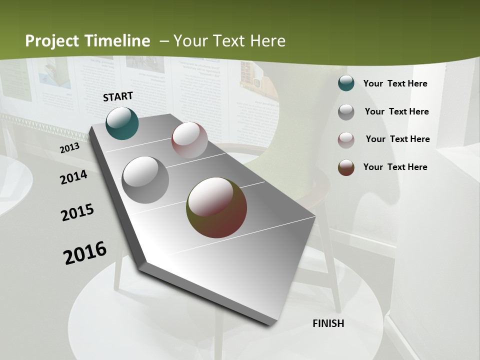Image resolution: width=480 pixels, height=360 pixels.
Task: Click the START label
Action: click(x=118, y=96)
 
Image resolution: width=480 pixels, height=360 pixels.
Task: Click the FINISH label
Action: click(x=328, y=323)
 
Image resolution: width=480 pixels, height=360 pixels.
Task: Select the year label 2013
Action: click(x=69, y=148)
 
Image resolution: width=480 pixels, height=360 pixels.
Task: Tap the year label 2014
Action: click(x=73, y=177)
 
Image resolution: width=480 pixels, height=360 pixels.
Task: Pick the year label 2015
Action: click(x=77, y=212)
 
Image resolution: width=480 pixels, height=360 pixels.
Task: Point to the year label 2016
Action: click(x=85, y=252)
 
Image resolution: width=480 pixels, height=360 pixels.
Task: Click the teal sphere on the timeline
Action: click(x=122, y=123)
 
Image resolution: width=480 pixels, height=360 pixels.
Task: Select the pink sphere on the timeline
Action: click(x=189, y=139)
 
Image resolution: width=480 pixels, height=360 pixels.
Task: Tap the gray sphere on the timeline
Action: click(x=145, y=179)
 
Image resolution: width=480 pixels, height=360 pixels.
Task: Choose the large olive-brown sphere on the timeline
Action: click(x=216, y=207)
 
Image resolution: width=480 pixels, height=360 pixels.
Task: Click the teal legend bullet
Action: click(x=346, y=83)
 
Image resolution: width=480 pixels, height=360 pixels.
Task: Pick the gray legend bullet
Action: click(x=346, y=112)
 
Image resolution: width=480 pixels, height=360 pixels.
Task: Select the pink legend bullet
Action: click(x=346, y=140)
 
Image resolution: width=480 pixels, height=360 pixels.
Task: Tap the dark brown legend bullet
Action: click(x=346, y=167)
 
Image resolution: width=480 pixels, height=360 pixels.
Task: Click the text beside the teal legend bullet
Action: click(x=395, y=83)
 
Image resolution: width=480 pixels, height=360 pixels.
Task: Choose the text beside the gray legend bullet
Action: click(x=396, y=111)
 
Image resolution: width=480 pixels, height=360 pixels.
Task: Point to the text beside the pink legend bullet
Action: click(x=397, y=139)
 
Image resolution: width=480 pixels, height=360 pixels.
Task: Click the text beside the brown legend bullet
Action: click(x=395, y=167)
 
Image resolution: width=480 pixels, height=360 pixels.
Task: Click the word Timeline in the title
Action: click(x=118, y=41)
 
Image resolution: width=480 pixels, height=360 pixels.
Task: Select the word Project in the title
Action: click(x=52, y=41)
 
